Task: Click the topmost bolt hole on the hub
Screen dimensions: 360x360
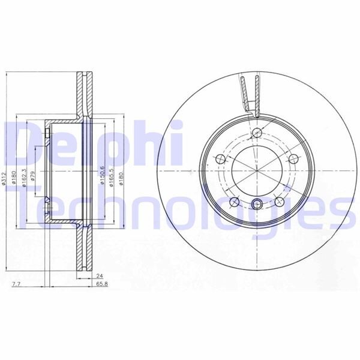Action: pos(257,133)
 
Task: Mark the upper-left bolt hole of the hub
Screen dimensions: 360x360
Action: pos(220,158)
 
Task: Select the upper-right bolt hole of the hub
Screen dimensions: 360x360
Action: pos(294,159)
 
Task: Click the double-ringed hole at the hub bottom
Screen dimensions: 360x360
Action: pos(257,203)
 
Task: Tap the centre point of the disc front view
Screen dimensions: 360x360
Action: pos(257,170)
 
